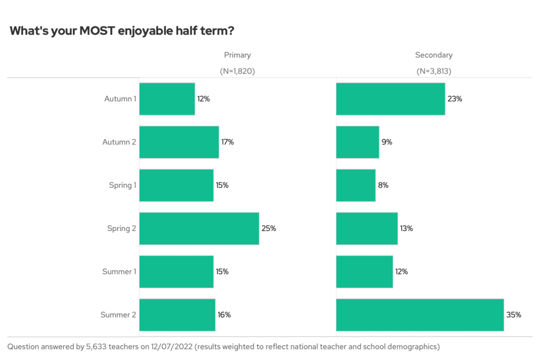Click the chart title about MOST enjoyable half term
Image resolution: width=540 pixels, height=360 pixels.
[122, 31]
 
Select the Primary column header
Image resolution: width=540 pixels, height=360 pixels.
[237, 55]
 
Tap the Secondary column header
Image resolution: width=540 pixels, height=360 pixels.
[433, 55]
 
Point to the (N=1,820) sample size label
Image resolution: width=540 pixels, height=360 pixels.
[237, 71]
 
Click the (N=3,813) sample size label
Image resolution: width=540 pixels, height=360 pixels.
[433, 71]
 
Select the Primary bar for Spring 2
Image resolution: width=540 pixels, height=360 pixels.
[199, 228]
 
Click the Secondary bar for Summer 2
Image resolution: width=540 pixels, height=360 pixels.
[420, 315]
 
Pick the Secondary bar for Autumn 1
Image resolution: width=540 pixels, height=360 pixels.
[390, 99]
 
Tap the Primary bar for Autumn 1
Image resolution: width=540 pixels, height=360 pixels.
[167, 99]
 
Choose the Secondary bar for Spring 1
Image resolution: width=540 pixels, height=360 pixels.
[355, 185]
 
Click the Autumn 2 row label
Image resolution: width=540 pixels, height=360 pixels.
[119, 142]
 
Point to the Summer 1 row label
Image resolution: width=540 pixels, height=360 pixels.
[119, 271]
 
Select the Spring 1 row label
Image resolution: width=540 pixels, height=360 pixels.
[122, 185]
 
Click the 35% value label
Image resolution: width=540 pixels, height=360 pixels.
[514, 315]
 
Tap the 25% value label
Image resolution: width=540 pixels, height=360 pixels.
[269, 228]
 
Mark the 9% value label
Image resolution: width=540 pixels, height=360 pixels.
[387, 142]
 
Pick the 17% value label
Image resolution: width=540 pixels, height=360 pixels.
[228, 142]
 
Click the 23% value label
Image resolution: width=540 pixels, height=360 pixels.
[455, 99]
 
